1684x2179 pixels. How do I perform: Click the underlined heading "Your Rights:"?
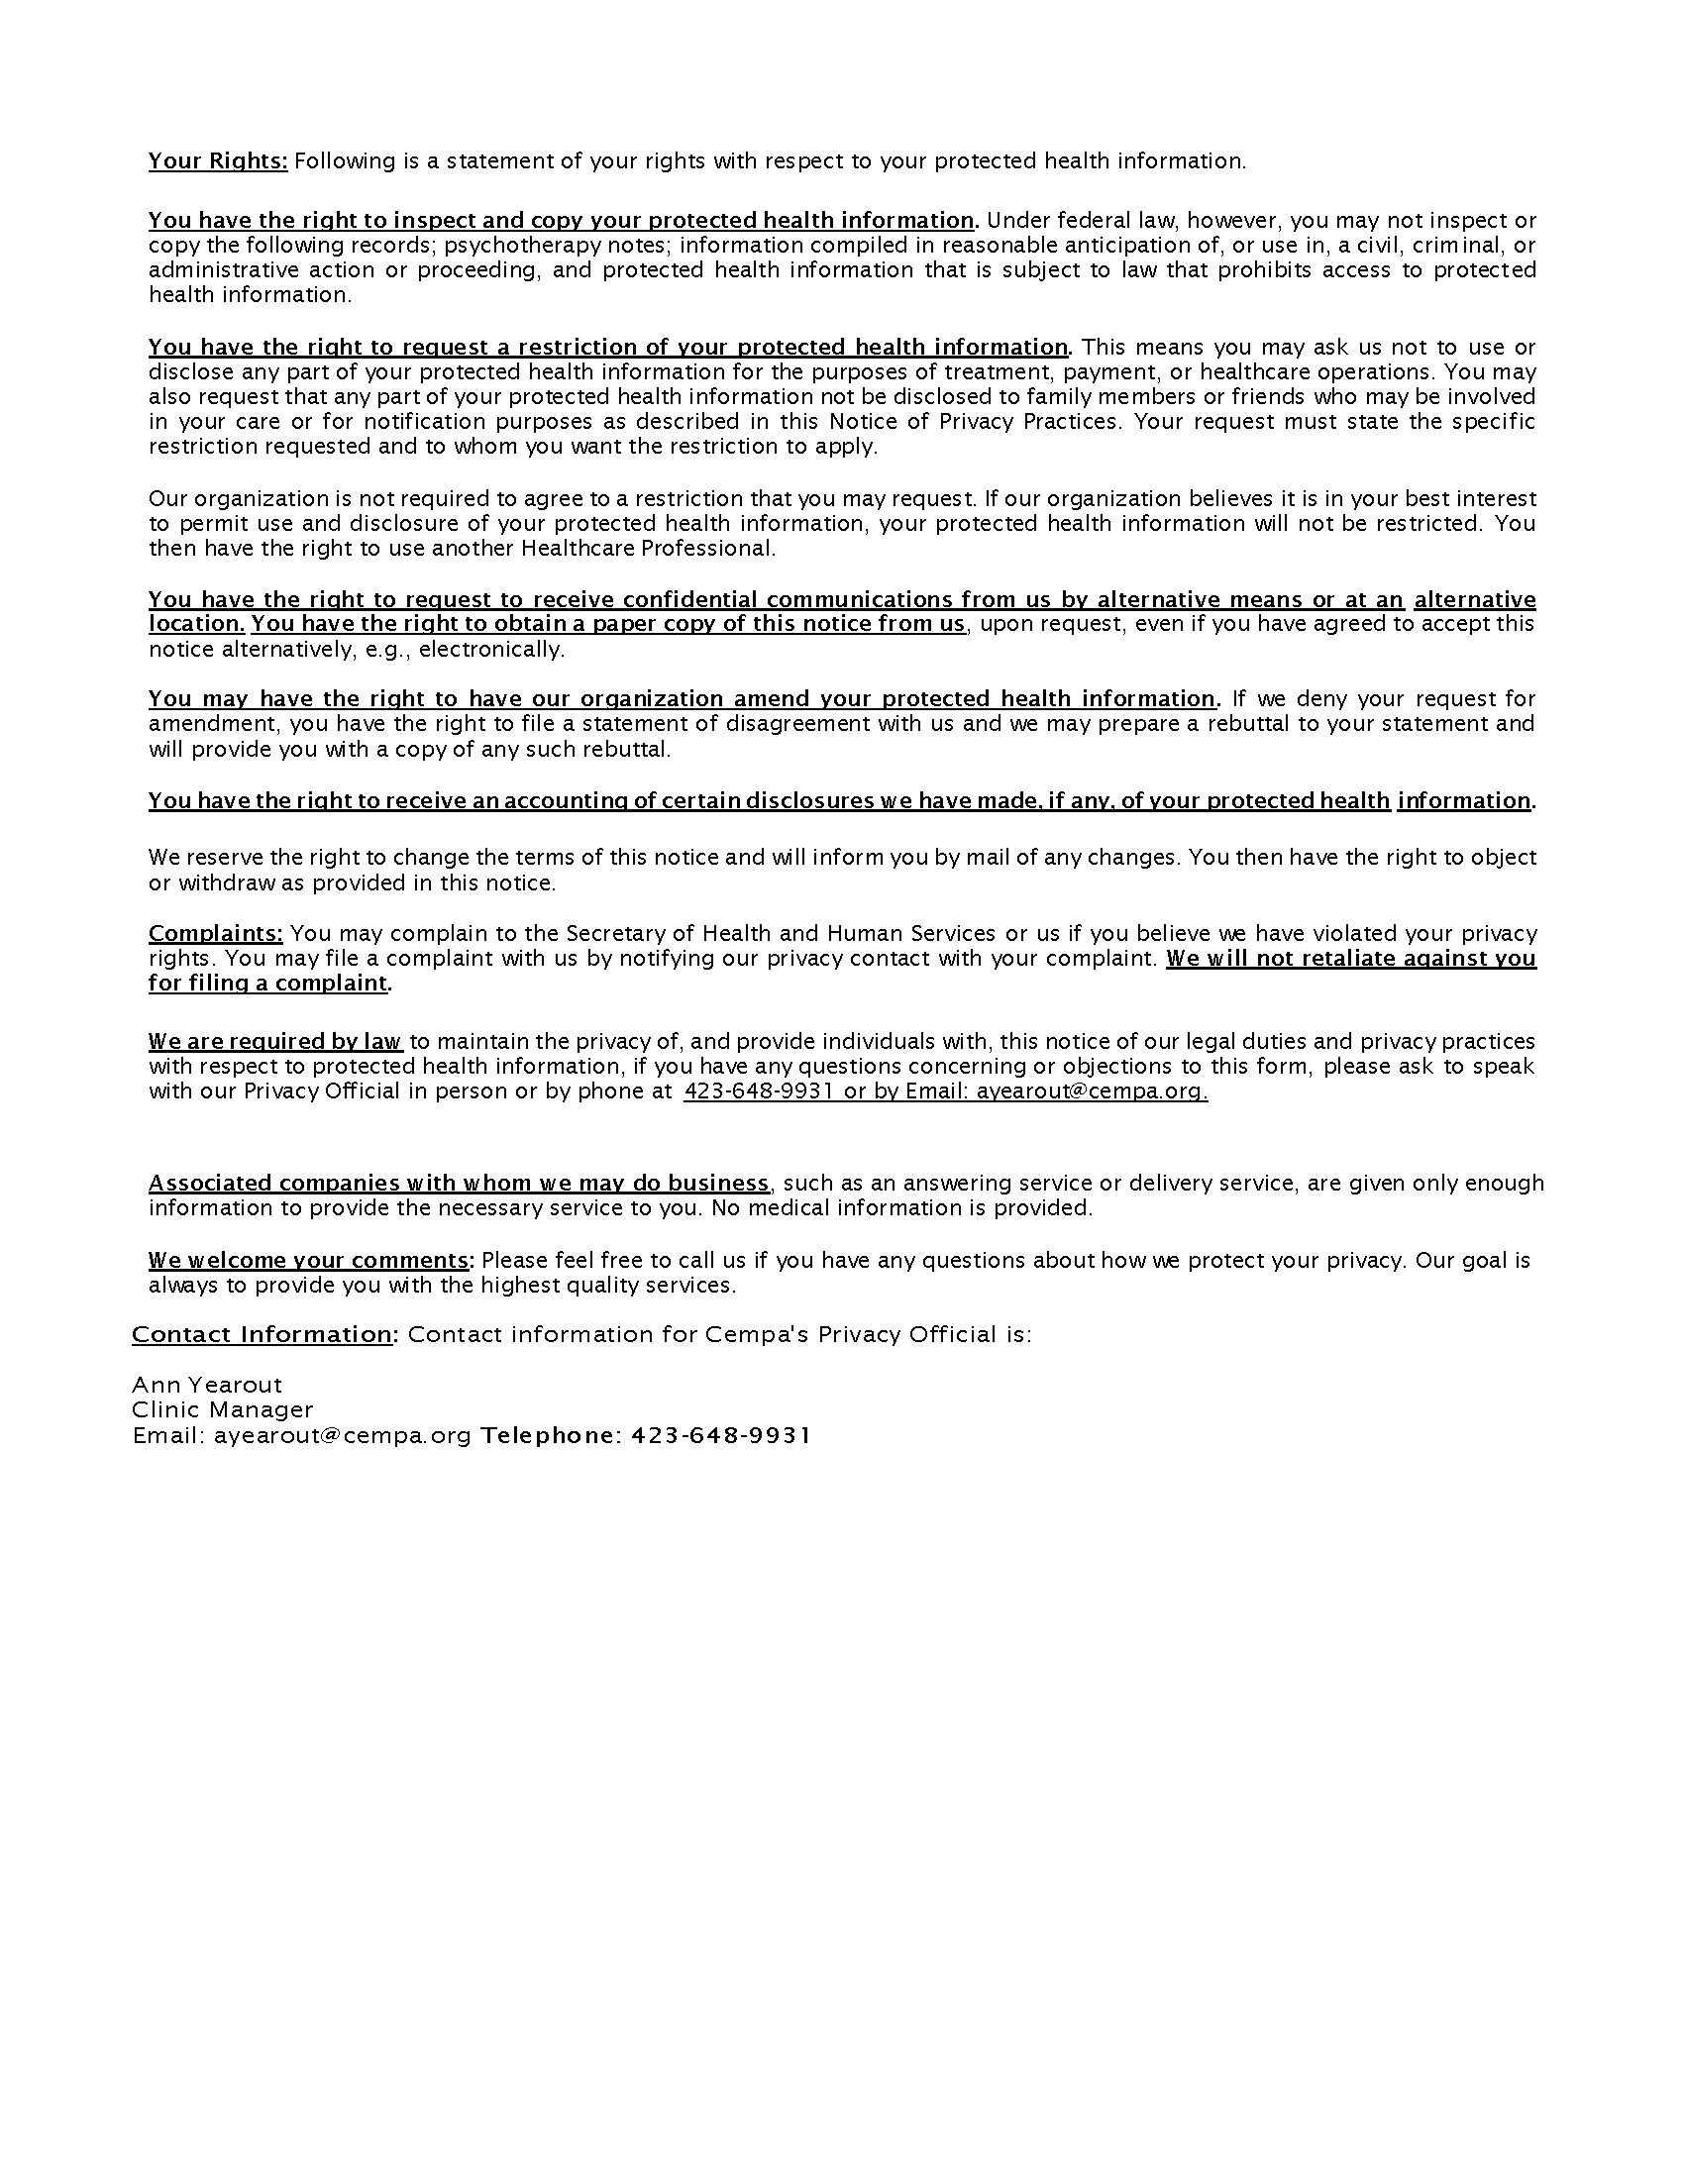point(218,161)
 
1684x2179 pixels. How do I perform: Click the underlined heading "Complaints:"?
point(216,934)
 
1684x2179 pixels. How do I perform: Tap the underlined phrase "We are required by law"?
point(275,1042)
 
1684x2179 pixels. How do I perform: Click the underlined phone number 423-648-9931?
point(758,1091)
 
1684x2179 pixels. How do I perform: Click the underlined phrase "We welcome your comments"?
point(308,1260)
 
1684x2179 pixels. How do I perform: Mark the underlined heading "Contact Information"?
point(263,1335)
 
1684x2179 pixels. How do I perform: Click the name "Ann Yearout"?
point(206,1385)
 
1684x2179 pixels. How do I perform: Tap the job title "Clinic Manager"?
point(223,1409)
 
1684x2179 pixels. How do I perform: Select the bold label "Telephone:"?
point(551,1436)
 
